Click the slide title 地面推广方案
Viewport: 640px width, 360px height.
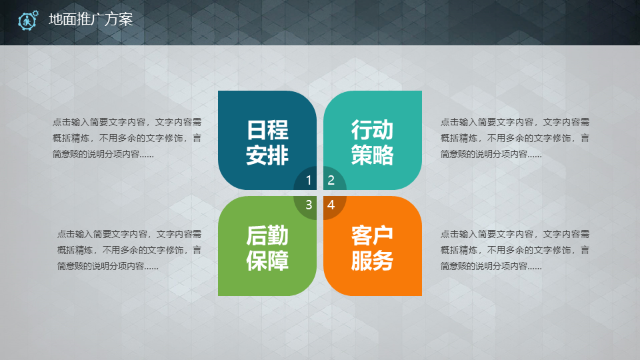[x=91, y=19]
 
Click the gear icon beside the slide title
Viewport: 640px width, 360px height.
[x=28, y=20]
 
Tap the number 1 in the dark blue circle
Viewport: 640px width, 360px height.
[x=309, y=180]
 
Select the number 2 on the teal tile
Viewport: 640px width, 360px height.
[x=331, y=180]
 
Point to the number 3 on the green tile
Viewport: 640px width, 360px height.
[x=309, y=205]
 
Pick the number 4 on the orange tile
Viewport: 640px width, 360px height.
[x=331, y=205]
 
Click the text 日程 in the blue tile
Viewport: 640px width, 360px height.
[x=267, y=130]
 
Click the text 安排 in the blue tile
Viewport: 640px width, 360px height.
[x=267, y=155]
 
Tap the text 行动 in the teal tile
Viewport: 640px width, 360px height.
[x=372, y=130]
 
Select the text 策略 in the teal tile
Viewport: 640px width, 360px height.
[x=372, y=155]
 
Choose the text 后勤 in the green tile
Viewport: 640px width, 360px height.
[x=267, y=235]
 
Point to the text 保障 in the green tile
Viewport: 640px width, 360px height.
[x=267, y=261]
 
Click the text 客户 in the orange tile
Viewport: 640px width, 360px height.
[x=372, y=235]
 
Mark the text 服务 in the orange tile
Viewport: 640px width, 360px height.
[x=372, y=261]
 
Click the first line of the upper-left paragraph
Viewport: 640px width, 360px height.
[x=127, y=122]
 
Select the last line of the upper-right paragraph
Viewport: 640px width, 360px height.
[x=491, y=154]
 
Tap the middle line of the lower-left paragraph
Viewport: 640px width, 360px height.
[x=129, y=250]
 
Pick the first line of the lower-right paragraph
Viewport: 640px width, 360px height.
[x=515, y=234]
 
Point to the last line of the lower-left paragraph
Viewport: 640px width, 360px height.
[x=108, y=266]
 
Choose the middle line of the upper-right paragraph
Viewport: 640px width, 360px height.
[x=515, y=138]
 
